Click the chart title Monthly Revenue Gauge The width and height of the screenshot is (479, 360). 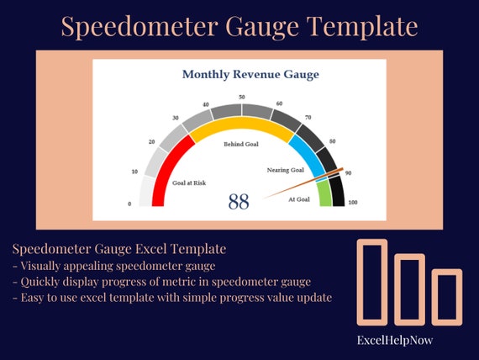[250, 75]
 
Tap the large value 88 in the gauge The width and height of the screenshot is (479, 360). [239, 202]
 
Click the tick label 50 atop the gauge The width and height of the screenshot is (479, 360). [242, 98]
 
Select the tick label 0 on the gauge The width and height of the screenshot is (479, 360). [129, 204]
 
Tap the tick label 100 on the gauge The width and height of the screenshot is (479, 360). [352, 203]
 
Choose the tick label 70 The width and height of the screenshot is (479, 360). [308, 118]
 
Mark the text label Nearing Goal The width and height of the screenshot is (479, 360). [285, 170]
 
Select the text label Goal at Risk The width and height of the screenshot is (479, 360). [189, 183]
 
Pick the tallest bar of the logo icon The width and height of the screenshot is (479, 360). [371, 281]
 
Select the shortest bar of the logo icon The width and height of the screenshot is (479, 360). [446, 296]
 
